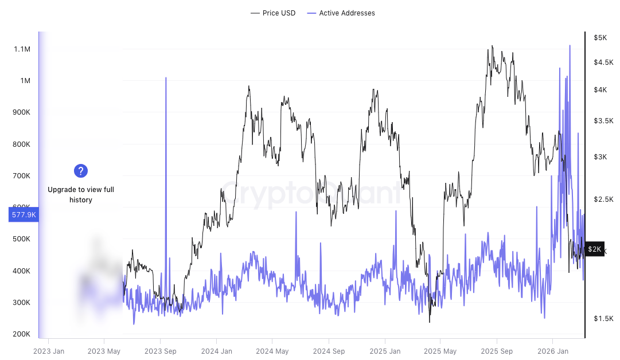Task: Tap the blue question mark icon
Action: tap(81, 170)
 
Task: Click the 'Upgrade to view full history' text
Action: tap(81, 195)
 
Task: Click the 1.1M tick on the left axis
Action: tap(22, 49)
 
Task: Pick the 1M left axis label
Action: tap(25, 81)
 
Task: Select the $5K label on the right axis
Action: tap(600, 38)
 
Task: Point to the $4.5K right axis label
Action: tap(603, 62)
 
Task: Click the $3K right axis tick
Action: tap(600, 157)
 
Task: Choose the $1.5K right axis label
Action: tap(603, 319)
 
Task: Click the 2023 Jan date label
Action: tap(48, 351)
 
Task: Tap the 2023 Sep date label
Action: tap(160, 351)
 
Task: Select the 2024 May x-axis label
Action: tap(272, 351)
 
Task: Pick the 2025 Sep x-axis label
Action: tap(496, 351)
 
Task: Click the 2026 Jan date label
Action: tap(552, 351)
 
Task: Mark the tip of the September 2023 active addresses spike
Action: tap(166, 77)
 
